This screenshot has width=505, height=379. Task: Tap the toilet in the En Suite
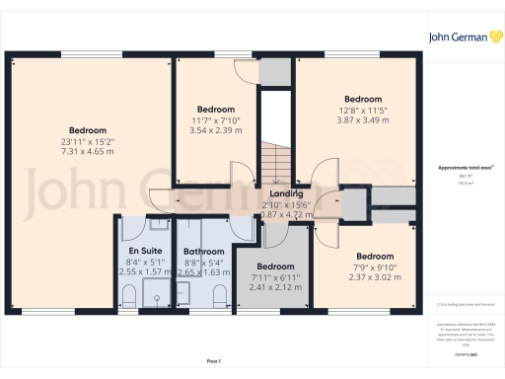coord(129,294)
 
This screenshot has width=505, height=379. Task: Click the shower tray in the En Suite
coord(155,292)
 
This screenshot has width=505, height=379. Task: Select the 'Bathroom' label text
coord(203,252)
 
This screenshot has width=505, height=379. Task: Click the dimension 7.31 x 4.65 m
coord(88,153)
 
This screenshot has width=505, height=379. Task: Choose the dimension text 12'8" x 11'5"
coord(363,111)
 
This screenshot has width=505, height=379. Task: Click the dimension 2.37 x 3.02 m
coord(375,278)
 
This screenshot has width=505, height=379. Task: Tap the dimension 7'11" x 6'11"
coord(275,278)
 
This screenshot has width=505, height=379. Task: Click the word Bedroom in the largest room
coord(88,130)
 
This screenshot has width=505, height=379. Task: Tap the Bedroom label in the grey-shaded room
coord(275,266)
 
